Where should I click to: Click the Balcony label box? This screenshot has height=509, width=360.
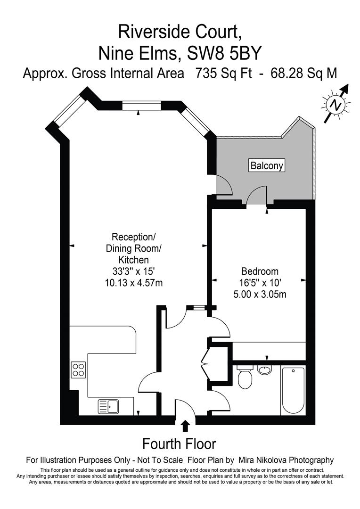[x=267, y=165]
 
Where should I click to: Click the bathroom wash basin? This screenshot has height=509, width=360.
[x=266, y=369]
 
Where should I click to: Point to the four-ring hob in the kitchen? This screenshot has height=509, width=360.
[x=78, y=370]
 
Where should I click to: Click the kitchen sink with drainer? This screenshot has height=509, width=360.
[x=108, y=406]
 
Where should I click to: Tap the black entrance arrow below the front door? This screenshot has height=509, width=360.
[x=185, y=426]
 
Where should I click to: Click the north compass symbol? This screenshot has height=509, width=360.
[x=336, y=104]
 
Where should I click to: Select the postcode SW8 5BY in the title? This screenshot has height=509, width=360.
[x=224, y=53]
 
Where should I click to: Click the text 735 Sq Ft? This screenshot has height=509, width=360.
[x=223, y=74]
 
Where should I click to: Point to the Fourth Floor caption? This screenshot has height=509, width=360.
[x=179, y=443]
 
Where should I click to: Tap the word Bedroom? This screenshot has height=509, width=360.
[x=260, y=271]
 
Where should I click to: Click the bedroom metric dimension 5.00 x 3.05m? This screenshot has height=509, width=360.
[x=260, y=295]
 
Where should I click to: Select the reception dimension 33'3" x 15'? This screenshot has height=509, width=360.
[x=134, y=271]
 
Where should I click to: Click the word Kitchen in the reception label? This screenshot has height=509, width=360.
[x=133, y=260]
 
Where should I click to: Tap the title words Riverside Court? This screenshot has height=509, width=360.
[x=180, y=32]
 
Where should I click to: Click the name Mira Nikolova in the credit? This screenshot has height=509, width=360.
[x=262, y=460]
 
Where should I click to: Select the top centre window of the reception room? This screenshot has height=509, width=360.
[x=141, y=106]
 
